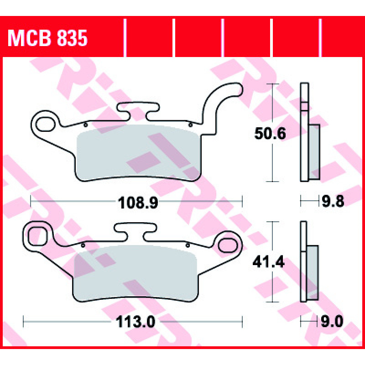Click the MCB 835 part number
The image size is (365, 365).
click(x=47, y=38)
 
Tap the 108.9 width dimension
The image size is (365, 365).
click(x=138, y=203)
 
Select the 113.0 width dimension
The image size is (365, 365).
click(x=135, y=322)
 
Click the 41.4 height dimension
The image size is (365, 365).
click(x=269, y=262)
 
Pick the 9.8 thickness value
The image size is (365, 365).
click(x=333, y=201)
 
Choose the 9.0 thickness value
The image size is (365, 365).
click(x=332, y=322)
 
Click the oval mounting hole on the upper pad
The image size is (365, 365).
click(x=46, y=124)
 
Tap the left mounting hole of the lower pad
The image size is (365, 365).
click(x=37, y=236)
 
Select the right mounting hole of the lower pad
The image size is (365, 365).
click(x=228, y=245)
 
